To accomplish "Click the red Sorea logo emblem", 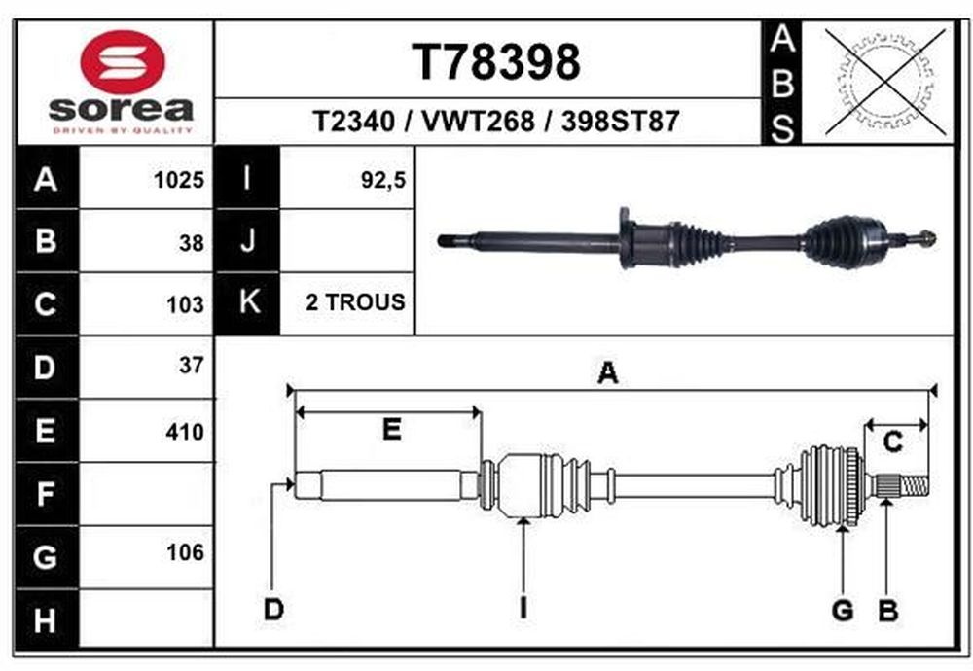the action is click(x=123, y=62).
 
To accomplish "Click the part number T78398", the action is click(x=496, y=62).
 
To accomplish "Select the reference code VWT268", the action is click(x=478, y=121).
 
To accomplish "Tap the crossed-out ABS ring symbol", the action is click(x=886, y=83).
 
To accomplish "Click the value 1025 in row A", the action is click(x=179, y=180).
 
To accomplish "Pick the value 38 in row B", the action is click(x=191, y=243).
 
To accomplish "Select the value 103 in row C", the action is click(x=185, y=305).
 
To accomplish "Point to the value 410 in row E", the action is click(x=184, y=432).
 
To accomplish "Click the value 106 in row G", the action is click(x=185, y=552).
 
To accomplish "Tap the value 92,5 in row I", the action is click(x=382, y=180).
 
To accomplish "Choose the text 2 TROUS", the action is click(x=355, y=302).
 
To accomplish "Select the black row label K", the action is click(x=248, y=302).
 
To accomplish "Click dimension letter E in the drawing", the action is click(x=391, y=429).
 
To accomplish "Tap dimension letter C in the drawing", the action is click(x=892, y=442).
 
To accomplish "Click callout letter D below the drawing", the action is click(x=273, y=609).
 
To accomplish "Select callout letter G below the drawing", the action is click(x=842, y=611).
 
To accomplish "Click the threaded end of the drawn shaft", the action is click(x=914, y=485).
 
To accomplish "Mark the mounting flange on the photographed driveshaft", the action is click(x=626, y=238).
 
